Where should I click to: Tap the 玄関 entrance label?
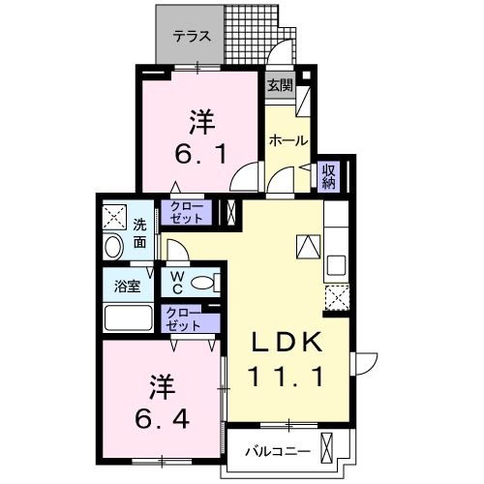(280, 84)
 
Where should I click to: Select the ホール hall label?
(287, 140)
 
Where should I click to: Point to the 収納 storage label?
(329, 174)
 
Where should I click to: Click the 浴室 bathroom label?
(127, 286)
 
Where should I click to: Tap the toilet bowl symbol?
(203, 283)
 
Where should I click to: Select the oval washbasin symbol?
(112, 247)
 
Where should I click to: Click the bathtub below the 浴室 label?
(127, 318)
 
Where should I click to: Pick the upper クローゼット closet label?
(187, 212)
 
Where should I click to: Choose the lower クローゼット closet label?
(184, 318)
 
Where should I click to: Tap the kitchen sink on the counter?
(337, 263)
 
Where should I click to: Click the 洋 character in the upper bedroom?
(200, 123)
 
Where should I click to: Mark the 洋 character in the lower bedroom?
(162, 387)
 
